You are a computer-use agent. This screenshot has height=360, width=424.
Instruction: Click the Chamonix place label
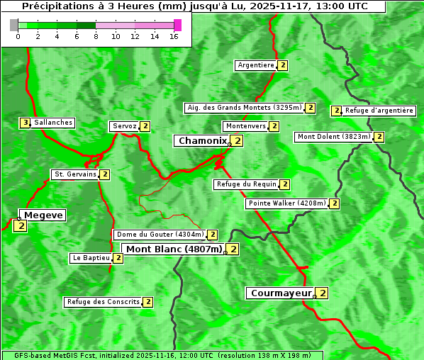(x=202, y=141)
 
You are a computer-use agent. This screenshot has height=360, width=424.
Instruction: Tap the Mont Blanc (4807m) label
(x=174, y=249)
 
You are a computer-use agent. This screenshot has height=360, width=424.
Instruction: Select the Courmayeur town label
(x=281, y=293)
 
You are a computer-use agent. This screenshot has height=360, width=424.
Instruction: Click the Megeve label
(x=43, y=215)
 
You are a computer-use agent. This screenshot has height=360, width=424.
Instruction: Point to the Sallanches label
(x=52, y=123)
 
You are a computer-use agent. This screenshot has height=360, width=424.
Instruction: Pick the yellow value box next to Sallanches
(x=25, y=123)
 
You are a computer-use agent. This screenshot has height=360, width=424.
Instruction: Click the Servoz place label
(x=124, y=126)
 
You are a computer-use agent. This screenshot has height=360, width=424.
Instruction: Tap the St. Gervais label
(x=74, y=174)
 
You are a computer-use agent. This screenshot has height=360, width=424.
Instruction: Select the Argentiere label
(x=256, y=65)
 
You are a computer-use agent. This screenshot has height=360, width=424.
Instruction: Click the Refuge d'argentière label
(x=379, y=111)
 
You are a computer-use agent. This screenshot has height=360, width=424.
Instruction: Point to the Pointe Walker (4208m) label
(x=287, y=203)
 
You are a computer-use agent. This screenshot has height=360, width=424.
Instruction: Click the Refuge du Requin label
(x=246, y=184)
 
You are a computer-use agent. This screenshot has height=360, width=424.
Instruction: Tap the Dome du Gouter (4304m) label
(x=160, y=235)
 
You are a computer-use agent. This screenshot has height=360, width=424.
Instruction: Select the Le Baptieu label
(x=91, y=258)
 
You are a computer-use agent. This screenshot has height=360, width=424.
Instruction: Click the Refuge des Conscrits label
(x=103, y=302)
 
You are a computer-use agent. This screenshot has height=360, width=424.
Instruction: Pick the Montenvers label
(x=245, y=126)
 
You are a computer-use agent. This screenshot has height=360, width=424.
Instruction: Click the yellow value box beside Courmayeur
(x=323, y=293)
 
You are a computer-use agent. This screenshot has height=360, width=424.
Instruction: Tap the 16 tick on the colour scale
(x=174, y=37)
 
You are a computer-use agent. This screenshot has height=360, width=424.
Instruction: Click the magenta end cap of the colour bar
(x=177, y=25)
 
